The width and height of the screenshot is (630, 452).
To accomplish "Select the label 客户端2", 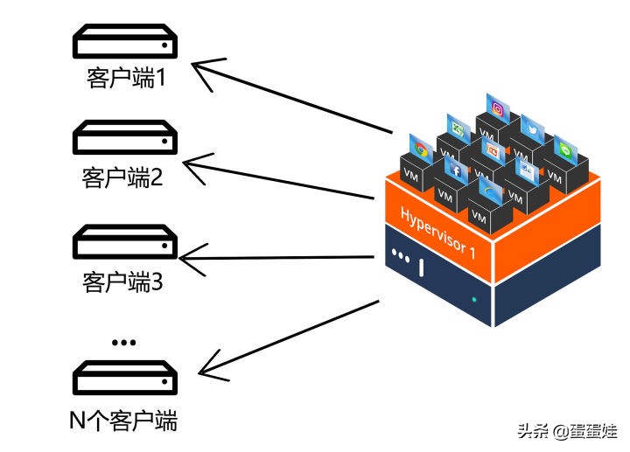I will [123, 178].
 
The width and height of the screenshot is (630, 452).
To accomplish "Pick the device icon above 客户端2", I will [123, 139].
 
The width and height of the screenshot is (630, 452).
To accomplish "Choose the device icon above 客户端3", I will [123, 242].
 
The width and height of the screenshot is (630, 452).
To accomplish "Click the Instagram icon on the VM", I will [499, 109].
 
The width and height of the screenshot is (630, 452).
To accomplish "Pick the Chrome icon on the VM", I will [419, 148].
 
